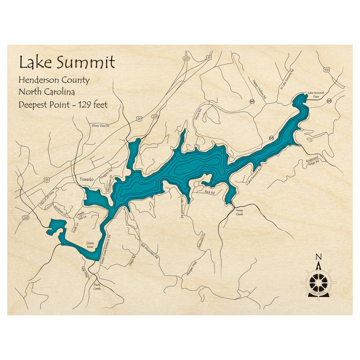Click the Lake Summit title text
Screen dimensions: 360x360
[67, 62]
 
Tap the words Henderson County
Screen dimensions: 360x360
[54, 80]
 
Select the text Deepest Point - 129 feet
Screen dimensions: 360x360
[63, 105]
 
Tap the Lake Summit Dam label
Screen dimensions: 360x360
[315, 95]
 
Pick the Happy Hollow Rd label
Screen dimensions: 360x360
[259, 89]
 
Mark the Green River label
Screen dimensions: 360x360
[90, 245]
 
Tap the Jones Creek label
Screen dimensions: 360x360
[239, 212]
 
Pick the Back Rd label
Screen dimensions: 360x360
[210, 193]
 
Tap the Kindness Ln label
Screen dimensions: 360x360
[59, 210]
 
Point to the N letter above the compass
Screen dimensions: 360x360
[318, 257]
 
